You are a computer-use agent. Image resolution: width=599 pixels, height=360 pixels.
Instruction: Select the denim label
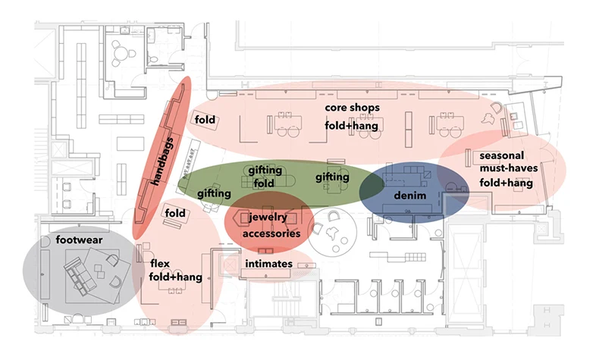pos(406,197)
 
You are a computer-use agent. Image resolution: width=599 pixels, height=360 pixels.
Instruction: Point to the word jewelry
pos(269,218)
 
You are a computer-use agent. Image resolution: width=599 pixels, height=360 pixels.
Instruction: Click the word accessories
pos(271,233)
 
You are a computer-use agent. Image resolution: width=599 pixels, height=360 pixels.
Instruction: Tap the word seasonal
pos(501,155)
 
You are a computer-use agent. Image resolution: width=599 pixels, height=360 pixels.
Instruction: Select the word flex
pos(160,264)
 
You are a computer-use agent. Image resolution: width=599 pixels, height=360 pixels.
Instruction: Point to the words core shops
pos(353,108)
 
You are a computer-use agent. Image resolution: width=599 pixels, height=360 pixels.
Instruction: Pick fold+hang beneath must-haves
pos(506,183)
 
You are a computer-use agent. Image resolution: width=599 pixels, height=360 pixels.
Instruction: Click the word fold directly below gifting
pos(265,183)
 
